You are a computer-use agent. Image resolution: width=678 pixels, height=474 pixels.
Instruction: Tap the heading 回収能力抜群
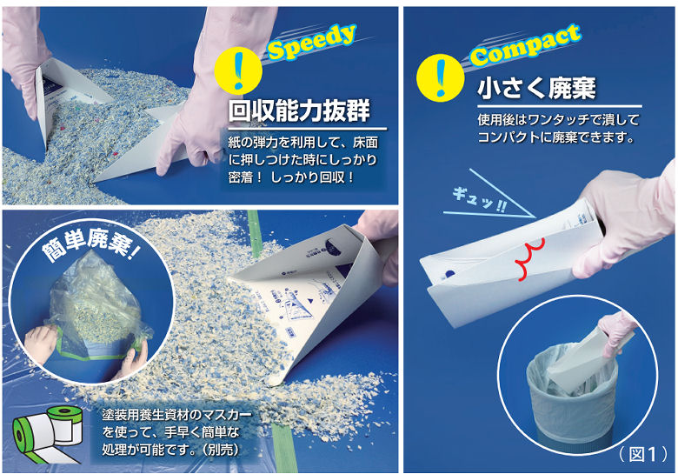click(299, 111)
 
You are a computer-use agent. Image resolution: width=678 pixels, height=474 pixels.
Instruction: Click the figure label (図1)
click(642, 454)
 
